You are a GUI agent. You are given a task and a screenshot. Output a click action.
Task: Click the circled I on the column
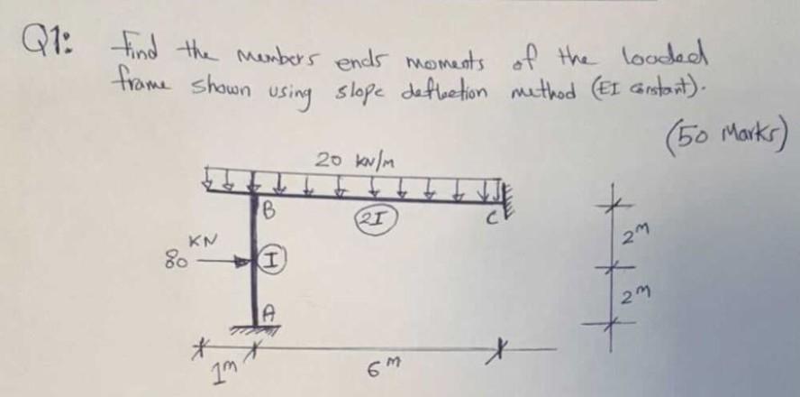pyautogui.click(x=271, y=262)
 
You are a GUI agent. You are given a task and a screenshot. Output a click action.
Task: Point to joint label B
pyautogui.click(x=269, y=214)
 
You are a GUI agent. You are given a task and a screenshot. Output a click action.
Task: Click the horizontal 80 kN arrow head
pyautogui.click(x=242, y=264)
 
